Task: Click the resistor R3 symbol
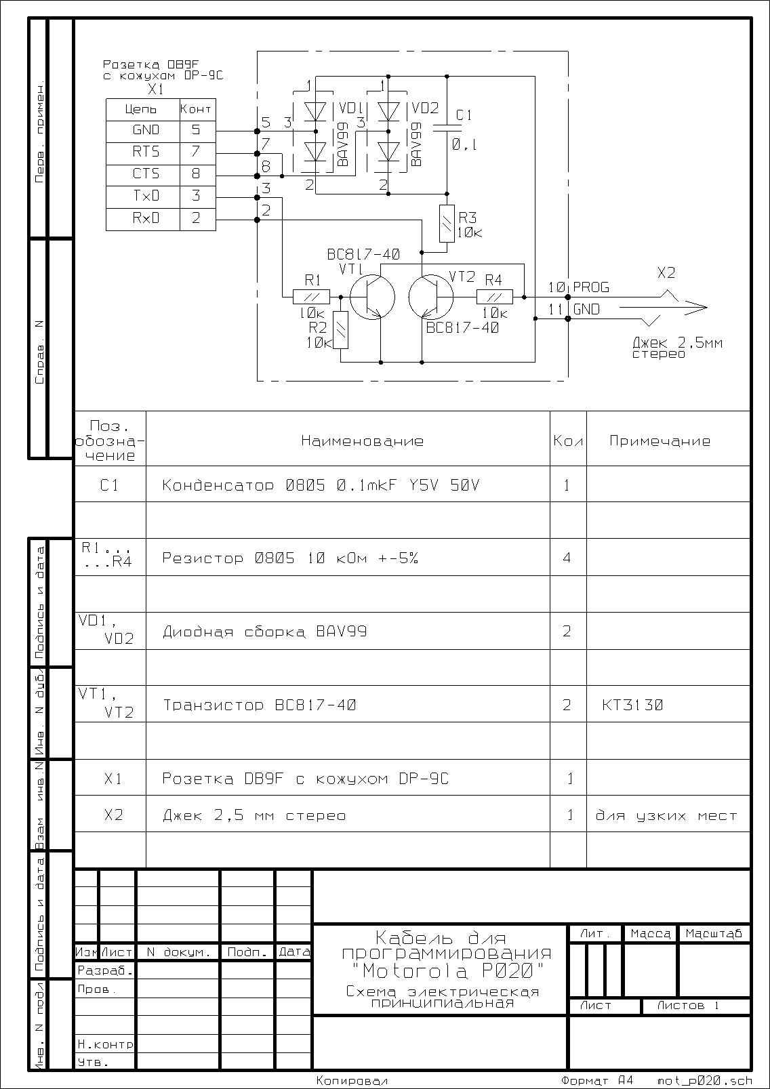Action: coord(447,224)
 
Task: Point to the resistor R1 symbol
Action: coord(311,297)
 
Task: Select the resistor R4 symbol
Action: coord(494,297)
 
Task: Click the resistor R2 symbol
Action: coord(342,330)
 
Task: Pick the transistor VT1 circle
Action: coord(372,297)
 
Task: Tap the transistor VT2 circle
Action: coord(431,297)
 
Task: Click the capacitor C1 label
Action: coord(464,115)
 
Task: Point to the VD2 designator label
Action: coord(425,108)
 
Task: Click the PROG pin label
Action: coord(591,287)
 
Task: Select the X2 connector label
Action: coord(666,272)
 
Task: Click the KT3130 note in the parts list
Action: coord(632,705)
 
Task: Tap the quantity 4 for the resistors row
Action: coord(567,558)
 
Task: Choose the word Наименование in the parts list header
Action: coord(363,441)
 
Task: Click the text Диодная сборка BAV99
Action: coord(264,632)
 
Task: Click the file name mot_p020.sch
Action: coord(705,1080)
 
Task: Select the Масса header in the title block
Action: coord(650,933)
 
